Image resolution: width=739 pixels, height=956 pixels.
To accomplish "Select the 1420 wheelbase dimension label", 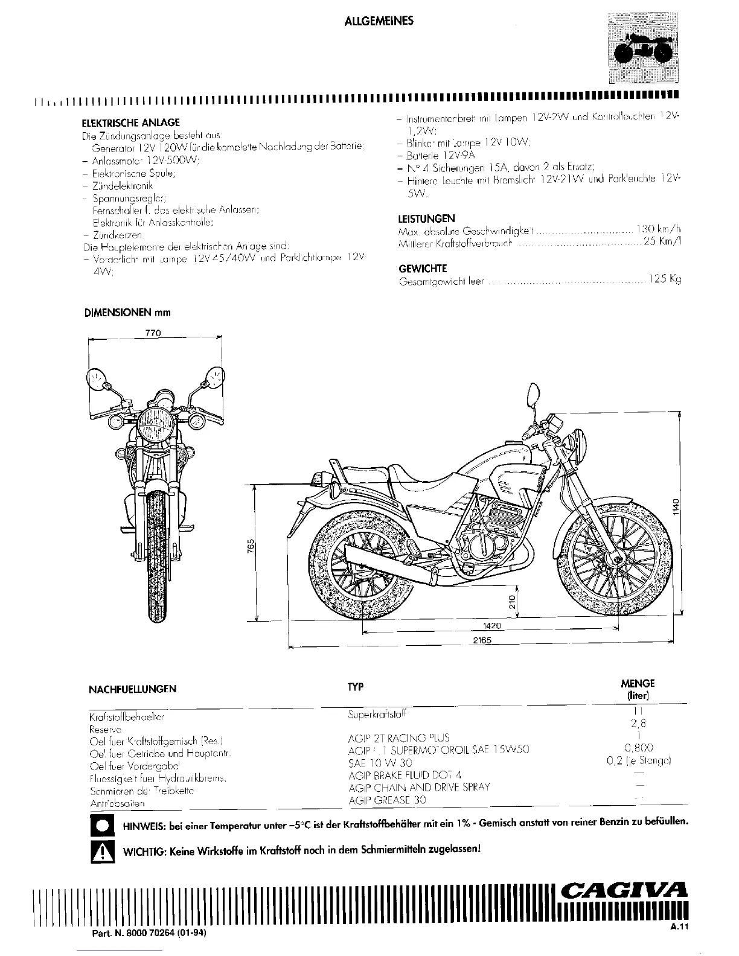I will tap(492, 626).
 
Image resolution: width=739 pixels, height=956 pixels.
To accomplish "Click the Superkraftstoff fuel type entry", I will tap(377, 715).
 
